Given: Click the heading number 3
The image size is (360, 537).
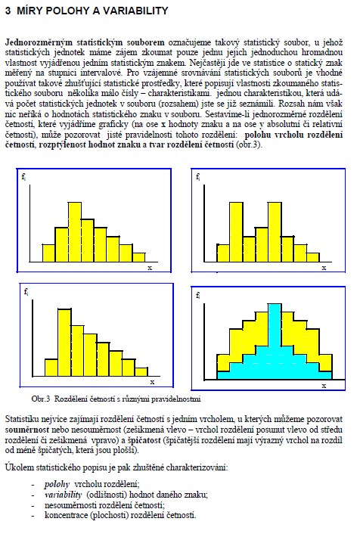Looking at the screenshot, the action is click(8, 11).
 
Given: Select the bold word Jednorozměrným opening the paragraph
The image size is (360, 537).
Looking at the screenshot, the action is click(39, 43).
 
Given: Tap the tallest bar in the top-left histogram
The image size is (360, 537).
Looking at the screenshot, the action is click(75, 232).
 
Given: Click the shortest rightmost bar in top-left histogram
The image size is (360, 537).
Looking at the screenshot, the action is click(138, 257).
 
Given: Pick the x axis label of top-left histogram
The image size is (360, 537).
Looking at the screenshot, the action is click(150, 268).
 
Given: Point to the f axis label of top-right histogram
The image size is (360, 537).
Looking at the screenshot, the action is click(198, 177).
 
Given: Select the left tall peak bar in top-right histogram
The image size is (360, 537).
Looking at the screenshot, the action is click(237, 232).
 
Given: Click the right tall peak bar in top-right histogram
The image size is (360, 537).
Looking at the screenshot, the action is click(275, 232).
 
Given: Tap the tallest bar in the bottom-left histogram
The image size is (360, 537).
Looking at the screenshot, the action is click(64, 343).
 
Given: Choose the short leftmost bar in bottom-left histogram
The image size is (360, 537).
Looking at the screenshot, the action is click(51, 368).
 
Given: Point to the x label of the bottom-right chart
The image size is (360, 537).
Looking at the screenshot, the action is click(324, 386).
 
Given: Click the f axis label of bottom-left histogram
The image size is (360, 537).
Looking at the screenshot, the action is click(26, 292).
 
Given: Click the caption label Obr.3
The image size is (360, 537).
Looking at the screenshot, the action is click(41, 399).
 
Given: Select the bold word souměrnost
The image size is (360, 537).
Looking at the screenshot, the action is click(26, 430).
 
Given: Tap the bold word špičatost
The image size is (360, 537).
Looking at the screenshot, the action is click(144, 440).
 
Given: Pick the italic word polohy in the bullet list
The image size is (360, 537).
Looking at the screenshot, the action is click(57, 485).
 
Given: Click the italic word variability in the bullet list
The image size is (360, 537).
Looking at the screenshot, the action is click(63, 495).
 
